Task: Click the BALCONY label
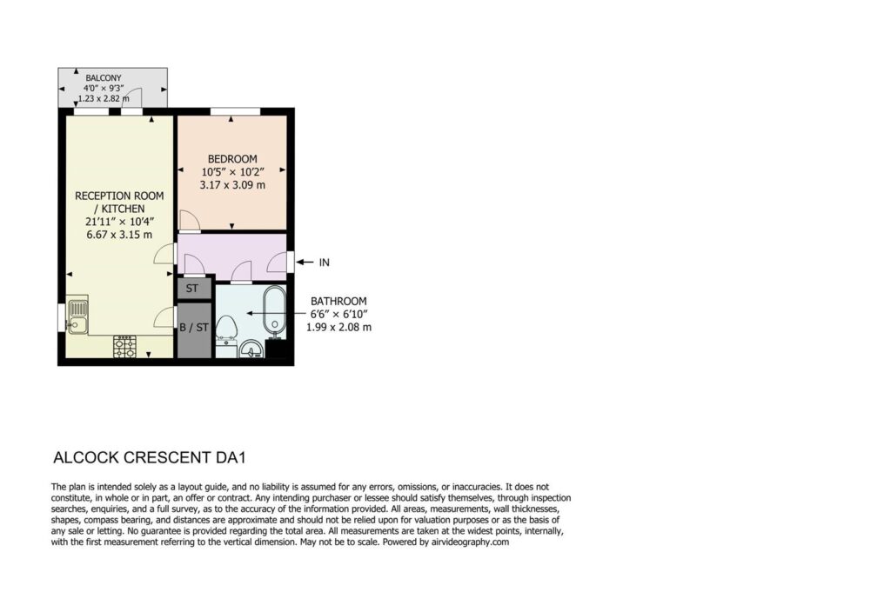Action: tap(104, 77)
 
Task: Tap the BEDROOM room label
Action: tap(231, 159)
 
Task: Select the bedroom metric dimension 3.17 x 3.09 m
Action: tap(232, 185)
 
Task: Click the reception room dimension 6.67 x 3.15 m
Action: tap(119, 235)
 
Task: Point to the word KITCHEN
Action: tap(124, 209)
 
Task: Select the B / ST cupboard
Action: tap(194, 329)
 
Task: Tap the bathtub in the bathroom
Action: tap(275, 309)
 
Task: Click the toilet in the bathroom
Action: tap(228, 328)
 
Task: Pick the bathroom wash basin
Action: tap(251, 349)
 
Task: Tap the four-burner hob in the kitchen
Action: tap(125, 347)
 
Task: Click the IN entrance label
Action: tap(324, 263)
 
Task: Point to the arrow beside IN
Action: tap(305, 263)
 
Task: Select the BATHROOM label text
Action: tap(338, 302)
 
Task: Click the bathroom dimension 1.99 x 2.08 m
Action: tap(338, 328)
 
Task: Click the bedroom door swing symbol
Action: tap(189, 221)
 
